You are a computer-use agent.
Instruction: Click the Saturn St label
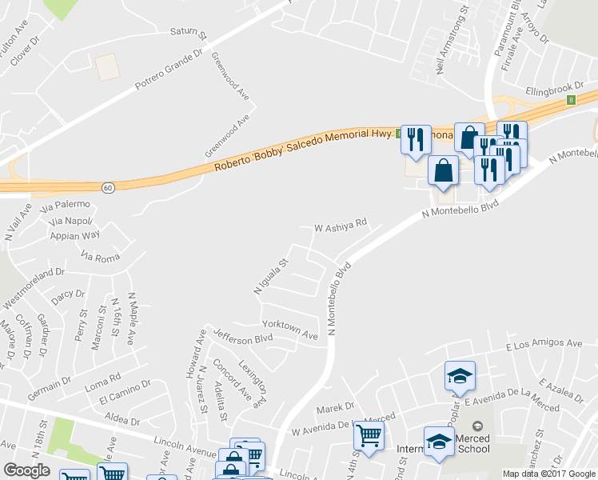(188, 34)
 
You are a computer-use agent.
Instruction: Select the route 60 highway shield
(107, 186)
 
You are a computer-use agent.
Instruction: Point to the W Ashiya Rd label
(340, 227)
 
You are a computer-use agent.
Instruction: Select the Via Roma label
(100, 257)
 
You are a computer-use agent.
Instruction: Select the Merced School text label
(472, 443)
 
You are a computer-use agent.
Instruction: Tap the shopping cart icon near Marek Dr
(369, 436)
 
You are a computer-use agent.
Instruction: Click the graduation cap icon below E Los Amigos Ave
(460, 375)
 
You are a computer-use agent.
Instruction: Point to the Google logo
(27, 470)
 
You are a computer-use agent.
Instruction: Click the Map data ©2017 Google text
(549, 473)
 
